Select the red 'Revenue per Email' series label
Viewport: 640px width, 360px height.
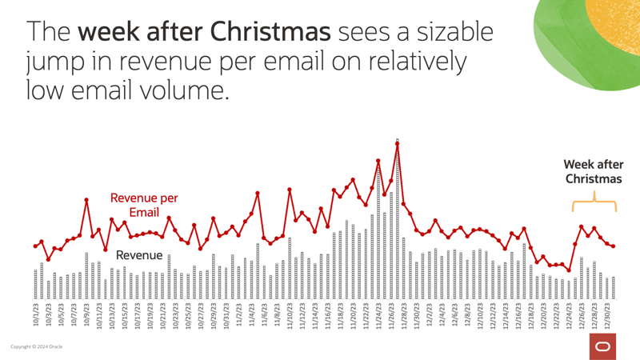(x=144, y=205)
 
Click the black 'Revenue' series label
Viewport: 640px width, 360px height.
(x=140, y=255)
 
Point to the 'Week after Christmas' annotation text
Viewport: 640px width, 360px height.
(x=593, y=171)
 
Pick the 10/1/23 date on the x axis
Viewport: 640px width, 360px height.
(x=36, y=315)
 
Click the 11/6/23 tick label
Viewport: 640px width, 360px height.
(x=264, y=315)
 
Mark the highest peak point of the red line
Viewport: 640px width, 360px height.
(x=397, y=143)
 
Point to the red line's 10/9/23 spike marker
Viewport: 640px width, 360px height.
(x=86, y=200)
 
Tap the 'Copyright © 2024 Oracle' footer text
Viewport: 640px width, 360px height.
(x=36, y=347)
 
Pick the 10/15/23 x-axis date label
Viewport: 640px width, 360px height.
(x=125, y=315)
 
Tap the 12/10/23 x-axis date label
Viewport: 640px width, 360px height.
(x=481, y=315)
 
